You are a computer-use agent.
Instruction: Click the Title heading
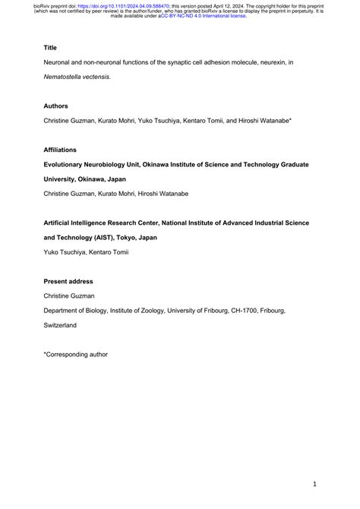[x=50, y=46]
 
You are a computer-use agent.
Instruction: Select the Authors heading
[x=56, y=106]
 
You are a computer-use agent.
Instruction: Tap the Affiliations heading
[x=60, y=150]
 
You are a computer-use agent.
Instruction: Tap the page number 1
[x=314, y=483]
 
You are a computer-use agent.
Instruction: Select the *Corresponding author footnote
[x=76, y=354]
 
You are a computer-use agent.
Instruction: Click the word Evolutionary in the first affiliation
[x=70, y=164]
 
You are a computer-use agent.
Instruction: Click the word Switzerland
[x=60, y=325]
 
